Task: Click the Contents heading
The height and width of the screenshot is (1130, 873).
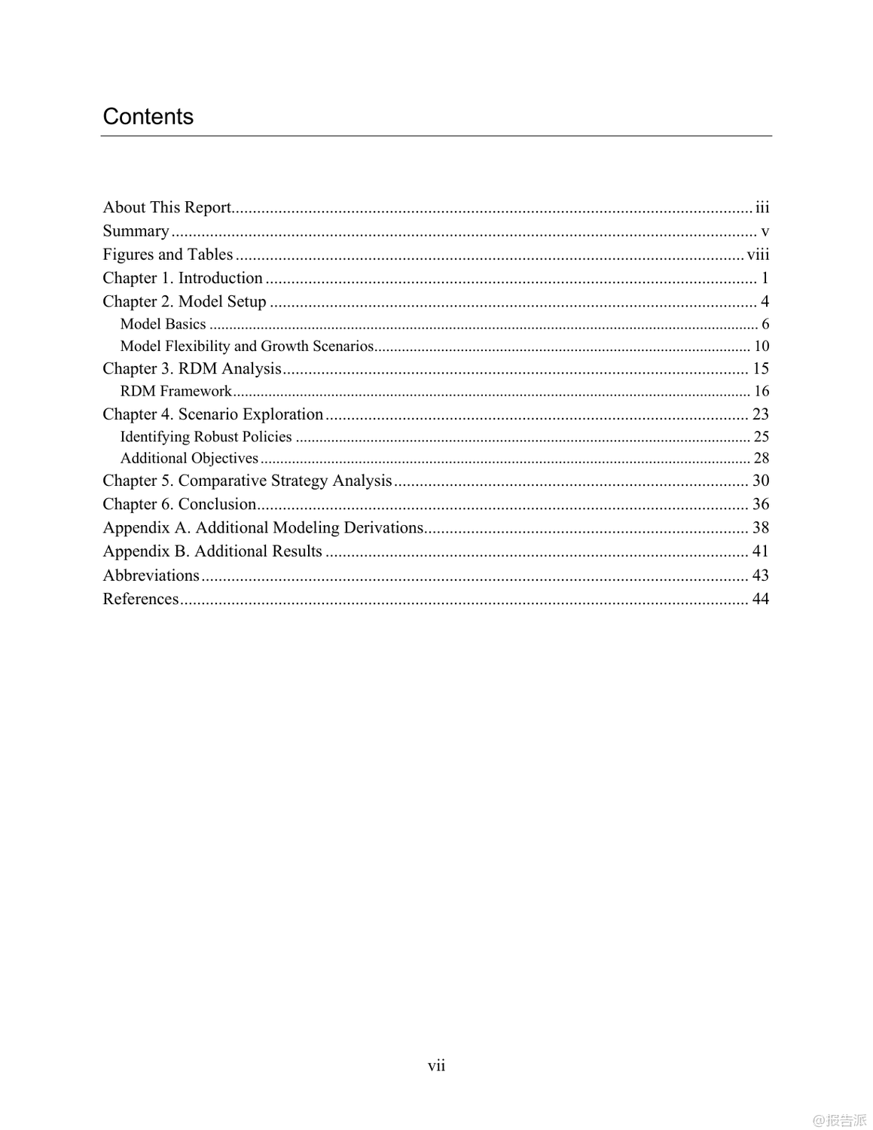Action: point(148,117)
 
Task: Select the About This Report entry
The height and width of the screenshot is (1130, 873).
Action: point(166,207)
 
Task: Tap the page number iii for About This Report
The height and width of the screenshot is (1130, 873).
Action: point(762,207)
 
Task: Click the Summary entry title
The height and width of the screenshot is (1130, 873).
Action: point(136,231)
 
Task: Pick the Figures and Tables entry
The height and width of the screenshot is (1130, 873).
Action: point(167,255)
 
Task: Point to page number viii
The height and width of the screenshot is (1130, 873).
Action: point(758,255)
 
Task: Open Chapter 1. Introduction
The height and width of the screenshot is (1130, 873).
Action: point(182,278)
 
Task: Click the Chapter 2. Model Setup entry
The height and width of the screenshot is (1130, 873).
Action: point(185,301)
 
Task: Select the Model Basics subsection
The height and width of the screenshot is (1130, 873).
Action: point(163,324)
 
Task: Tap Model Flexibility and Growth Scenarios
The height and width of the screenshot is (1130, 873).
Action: point(246,346)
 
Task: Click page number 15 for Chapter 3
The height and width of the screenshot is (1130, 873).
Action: point(760,368)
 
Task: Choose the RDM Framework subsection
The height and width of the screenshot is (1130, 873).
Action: point(176,391)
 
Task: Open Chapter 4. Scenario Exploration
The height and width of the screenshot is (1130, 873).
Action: point(212,414)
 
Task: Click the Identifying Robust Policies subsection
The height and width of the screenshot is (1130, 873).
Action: point(206,436)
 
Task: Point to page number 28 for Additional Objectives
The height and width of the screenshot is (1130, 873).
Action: point(761,458)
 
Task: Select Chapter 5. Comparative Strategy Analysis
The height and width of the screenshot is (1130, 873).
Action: point(247,481)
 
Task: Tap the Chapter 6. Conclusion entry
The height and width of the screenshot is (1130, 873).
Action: point(179,504)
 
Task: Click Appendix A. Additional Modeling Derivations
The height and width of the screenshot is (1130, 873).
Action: point(263,527)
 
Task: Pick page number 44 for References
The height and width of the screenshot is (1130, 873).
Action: point(760,599)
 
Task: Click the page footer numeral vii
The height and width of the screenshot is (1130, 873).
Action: point(436,1065)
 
